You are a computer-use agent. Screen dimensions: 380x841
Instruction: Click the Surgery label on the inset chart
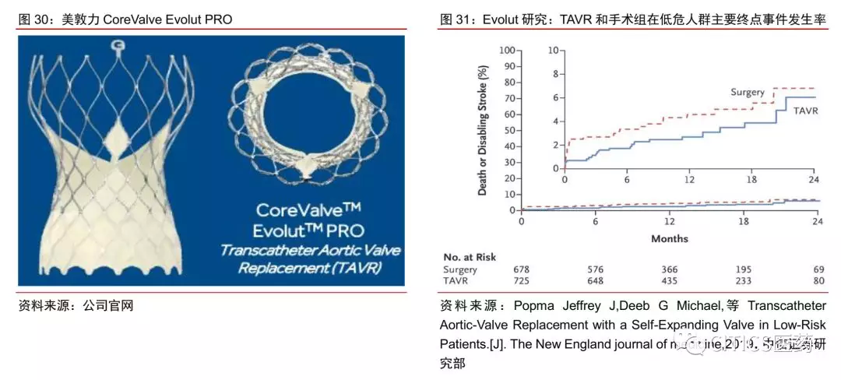(x=748, y=92)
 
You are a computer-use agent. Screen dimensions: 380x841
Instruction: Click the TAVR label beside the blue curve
(x=804, y=112)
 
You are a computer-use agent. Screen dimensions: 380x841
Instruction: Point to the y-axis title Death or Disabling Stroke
(x=483, y=131)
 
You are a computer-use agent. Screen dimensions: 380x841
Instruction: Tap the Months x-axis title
(x=669, y=238)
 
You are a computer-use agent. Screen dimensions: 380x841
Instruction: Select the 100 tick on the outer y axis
(x=508, y=50)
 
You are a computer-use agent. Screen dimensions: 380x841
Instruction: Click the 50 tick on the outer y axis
(x=510, y=130)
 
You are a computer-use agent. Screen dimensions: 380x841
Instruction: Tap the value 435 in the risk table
(x=669, y=280)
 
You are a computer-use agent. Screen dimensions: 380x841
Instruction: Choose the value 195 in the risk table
(x=743, y=269)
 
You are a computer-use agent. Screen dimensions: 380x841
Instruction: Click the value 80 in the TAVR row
(x=817, y=280)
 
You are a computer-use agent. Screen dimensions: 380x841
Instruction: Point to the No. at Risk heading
(x=470, y=257)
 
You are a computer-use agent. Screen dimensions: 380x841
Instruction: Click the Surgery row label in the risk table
(x=459, y=269)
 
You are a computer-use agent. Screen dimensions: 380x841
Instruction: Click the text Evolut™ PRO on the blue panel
(x=309, y=230)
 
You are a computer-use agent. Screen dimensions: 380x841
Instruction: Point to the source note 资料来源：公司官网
(x=76, y=306)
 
